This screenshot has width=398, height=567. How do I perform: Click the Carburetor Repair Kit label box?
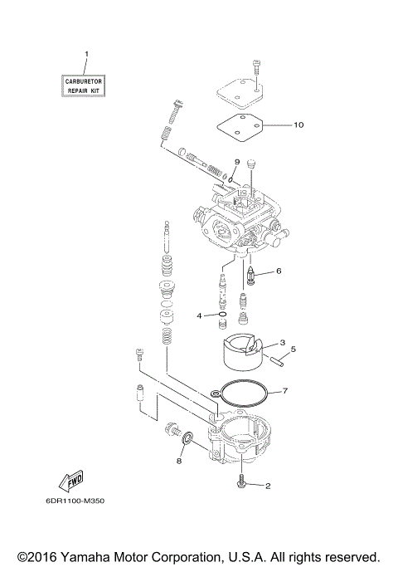[x=87, y=84]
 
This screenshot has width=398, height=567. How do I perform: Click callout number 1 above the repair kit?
[x=86, y=55]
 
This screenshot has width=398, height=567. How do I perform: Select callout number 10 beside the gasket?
[x=298, y=125]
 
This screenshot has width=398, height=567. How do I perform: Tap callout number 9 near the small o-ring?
[x=236, y=161]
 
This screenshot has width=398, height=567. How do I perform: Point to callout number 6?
[x=279, y=271]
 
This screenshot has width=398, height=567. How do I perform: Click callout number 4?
[x=199, y=315]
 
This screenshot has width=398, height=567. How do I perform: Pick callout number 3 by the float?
[x=282, y=341]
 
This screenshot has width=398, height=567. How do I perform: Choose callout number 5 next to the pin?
[x=293, y=349]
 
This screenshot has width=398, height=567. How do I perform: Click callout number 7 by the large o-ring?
[x=284, y=389]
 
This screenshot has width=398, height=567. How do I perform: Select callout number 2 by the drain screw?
[x=268, y=486]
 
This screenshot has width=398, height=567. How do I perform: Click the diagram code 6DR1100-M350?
[x=70, y=501]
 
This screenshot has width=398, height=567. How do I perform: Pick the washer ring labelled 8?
[x=188, y=437]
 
